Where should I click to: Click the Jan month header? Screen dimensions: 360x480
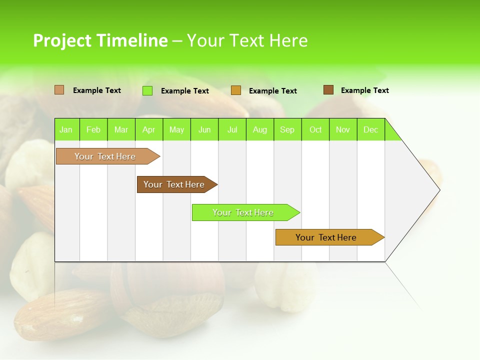click(66, 129)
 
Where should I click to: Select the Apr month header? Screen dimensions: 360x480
click(148, 129)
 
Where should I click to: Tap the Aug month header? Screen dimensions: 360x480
click(259, 129)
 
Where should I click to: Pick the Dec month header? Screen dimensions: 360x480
click(370, 129)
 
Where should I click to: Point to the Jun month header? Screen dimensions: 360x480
click(204, 129)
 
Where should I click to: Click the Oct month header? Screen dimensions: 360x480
click(315, 129)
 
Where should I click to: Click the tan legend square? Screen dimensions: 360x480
click(59, 90)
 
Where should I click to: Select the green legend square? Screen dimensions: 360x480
click(147, 90)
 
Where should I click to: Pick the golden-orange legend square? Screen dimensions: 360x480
click(236, 90)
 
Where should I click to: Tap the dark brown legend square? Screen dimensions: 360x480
click(328, 90)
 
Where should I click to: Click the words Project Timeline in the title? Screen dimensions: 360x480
click(100, 40)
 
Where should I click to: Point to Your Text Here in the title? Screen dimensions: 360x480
click(247, 40)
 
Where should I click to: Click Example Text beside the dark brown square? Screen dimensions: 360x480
click(364, 90)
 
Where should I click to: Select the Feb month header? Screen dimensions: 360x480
click(93, 129)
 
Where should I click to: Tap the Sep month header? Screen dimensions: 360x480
click(287, 129)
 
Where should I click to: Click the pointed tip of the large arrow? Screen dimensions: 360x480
click(438, 189)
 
